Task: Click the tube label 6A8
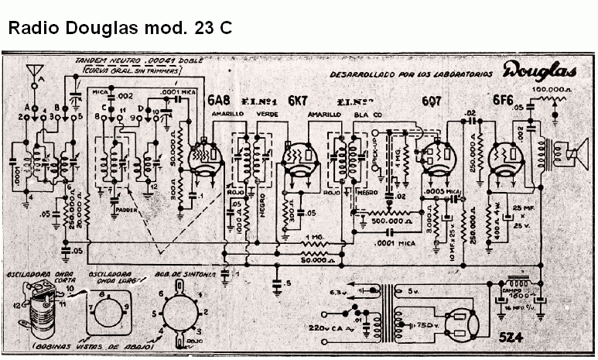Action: pyautogui.click(x=217, y=100)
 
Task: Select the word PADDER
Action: pyautogui.click(x=125, y=209)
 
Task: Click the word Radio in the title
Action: pyautogui.click(x=32, y=29)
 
